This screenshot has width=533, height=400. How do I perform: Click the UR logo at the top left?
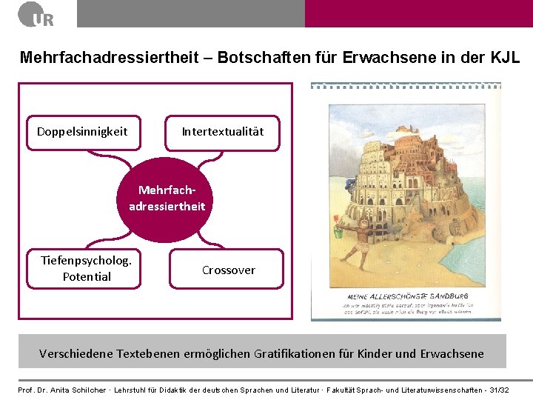coord(36,14)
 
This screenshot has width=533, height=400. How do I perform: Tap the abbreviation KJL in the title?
coord(504,57)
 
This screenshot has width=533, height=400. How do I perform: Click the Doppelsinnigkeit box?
coord(82,132)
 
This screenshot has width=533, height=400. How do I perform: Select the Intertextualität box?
coord(222,132)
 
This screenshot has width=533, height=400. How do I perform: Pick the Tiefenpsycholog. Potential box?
coord(87,268)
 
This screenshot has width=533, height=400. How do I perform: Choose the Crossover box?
coord(228,270)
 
